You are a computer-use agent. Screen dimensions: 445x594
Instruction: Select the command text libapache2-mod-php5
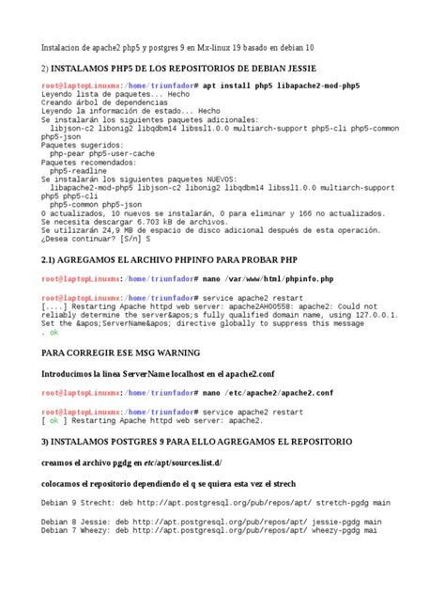click(318, 86)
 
